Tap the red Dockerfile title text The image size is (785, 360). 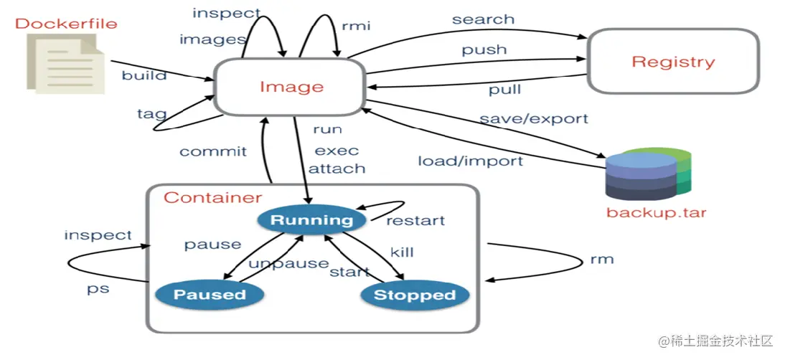[65, 24]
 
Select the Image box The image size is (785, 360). [291, 87]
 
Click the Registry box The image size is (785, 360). [673, 62]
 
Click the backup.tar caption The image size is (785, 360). [656, 213]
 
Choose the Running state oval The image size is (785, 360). [311, 220]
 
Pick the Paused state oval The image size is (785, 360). [210, 294]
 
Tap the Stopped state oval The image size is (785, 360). [415, 295]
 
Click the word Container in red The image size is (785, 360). [212, 197]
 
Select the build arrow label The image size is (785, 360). [144, 75]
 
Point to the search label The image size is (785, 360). [483, 19]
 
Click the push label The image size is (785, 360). [484, 50]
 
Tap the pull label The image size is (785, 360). [504, 90]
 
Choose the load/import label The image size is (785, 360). [470, 161]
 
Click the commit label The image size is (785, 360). [213, 151]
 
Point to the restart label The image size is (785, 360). [415, 220]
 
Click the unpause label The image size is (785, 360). [288, 263]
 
